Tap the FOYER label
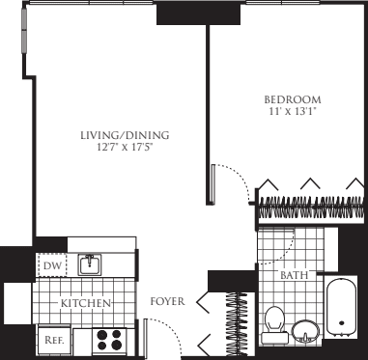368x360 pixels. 168,303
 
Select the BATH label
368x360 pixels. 294,275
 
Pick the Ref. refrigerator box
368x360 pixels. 50,339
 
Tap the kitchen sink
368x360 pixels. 90,263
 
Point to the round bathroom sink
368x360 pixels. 307,330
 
